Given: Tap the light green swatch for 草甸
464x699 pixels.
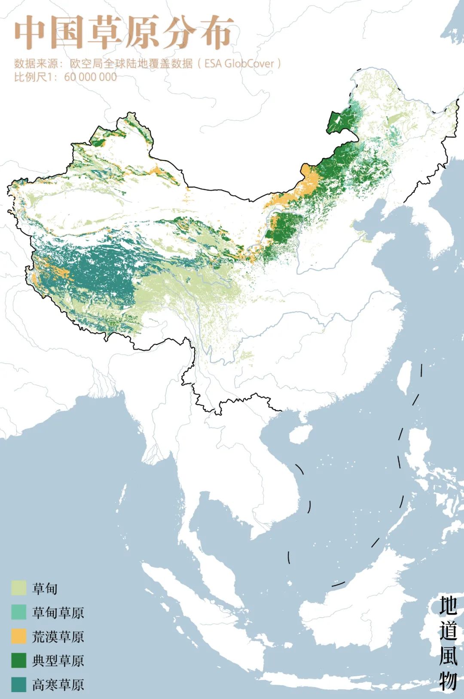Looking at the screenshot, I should (x=19, y=588).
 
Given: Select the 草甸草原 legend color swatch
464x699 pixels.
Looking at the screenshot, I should (x=19, y=612).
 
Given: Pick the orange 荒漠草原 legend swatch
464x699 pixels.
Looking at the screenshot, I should (x=19, y=636).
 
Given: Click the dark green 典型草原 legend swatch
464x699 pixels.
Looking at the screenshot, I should (x=19, y=660).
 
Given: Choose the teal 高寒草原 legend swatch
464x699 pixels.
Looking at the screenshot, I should (x=19, y=684).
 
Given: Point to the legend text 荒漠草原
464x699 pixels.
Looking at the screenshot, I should (x=58, y=636).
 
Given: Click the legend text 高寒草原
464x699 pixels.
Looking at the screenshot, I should (x=58, y=684).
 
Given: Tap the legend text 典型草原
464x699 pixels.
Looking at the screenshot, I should (x=58, y=660).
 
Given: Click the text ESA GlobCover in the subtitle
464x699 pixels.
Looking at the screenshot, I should (x=239, y=64).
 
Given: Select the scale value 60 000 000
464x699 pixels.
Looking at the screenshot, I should (x=90, y=77).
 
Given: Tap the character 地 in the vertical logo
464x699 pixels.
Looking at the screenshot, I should (x=447, y=605).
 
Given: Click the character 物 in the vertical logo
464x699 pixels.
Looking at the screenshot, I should (x=447, y=680).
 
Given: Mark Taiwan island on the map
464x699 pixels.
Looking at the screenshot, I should (x=404, y=378).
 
